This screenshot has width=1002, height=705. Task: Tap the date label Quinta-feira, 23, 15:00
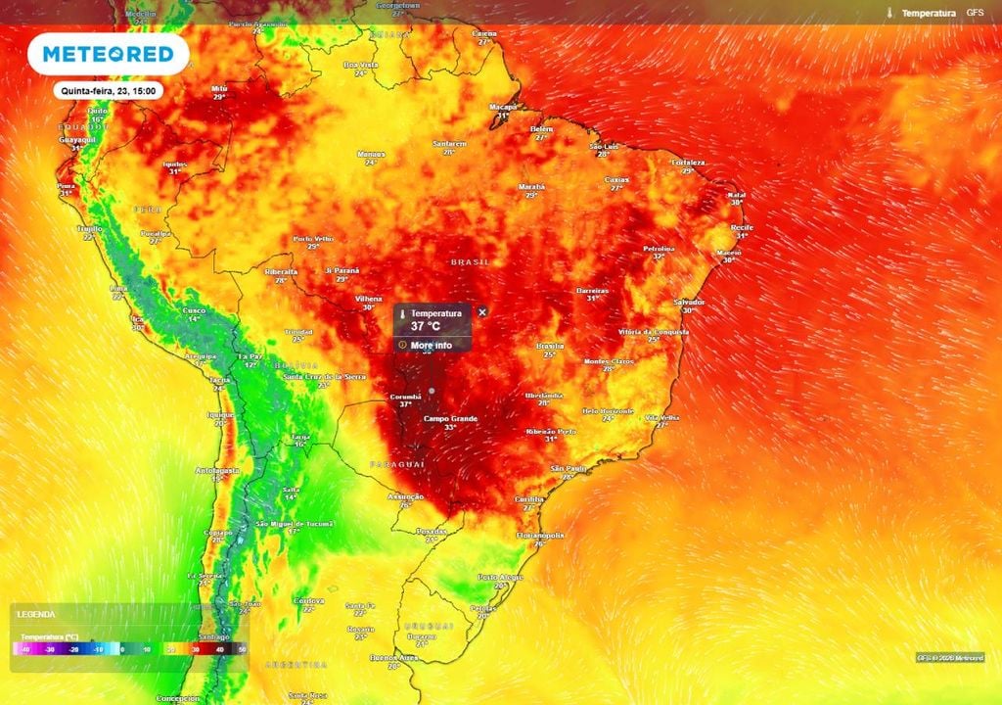[x=108, y=91]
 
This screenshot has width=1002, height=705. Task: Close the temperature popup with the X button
[x=481, y=311]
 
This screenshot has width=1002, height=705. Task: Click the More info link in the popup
[x=431, y=345]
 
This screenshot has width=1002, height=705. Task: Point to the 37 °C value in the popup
[x=427, y=326]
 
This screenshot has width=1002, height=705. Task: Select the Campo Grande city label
[x=450, y=419]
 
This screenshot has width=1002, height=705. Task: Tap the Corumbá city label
[x=405, y=397]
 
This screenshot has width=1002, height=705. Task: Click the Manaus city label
[x=371, y=154]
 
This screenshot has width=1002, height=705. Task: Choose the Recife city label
[x=742, y=227]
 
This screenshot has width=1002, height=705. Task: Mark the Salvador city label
[x=690, y=302]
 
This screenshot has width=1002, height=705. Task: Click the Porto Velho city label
[x=313, y=238]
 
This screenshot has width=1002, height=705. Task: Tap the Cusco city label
[x=194, y=310]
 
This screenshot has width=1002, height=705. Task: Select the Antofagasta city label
[x=217, y=470]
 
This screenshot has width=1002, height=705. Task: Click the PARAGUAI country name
[x=396, y=462]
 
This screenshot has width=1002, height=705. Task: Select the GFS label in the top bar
[x=975, y=13]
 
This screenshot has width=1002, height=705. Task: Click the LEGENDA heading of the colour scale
[x=35, y=615]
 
